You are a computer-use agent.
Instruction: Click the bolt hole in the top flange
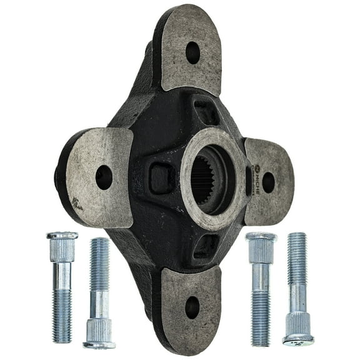(x=192, y=52)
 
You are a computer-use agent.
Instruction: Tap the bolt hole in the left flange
(x=104, y=177)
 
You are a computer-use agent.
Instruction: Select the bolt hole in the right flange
(x=268, y=182)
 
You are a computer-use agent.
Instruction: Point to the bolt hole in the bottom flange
(x=192, y=307)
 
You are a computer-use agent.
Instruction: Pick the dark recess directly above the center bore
(x=206, y=113)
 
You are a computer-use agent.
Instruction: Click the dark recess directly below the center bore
(x=206, y=246)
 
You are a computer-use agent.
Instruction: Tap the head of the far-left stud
(x=62, y=236)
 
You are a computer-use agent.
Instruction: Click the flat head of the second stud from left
(x=99, y=343)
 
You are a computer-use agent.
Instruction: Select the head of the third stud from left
(x=261, y=237)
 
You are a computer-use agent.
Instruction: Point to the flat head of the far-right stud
(x=298, y=341)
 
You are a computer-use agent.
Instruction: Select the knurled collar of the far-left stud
(x=62, y=250)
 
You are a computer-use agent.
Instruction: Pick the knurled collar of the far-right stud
(x=297, y=323)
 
